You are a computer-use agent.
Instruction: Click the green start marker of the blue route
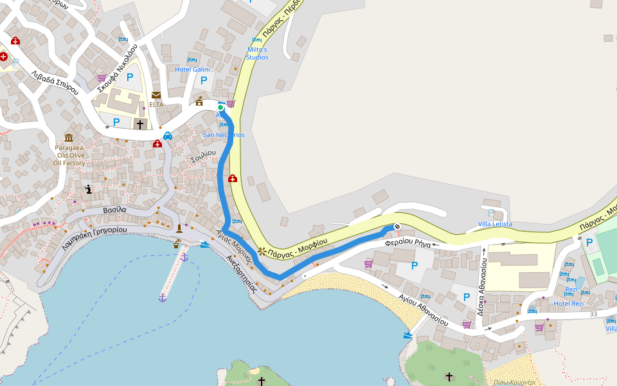coord(220,108)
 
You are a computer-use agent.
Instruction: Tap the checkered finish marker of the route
coord(397,226)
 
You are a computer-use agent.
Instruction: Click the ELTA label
coord(156,104)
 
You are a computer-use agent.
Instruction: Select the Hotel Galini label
coord(192,69)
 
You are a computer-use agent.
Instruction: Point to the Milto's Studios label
coord(257,53)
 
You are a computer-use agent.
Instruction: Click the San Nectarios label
coord(224,135)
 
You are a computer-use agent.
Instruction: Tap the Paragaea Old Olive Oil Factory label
coord(69,155)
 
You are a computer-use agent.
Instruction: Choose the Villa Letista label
coord(495,224)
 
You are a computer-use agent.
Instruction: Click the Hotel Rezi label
coord(569,304)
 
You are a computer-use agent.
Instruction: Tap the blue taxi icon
coord(167,136)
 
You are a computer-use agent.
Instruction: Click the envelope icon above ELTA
coord(156,95)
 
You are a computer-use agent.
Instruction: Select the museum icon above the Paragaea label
coord(69,138)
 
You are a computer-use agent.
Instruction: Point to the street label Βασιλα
coord(114,210)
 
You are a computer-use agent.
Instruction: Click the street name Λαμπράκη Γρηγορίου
coord(95,238)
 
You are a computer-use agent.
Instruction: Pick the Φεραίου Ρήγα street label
coord(407,243)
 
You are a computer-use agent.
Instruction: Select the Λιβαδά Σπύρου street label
coord(55,83)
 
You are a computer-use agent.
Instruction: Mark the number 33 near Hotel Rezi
coord(593,314)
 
